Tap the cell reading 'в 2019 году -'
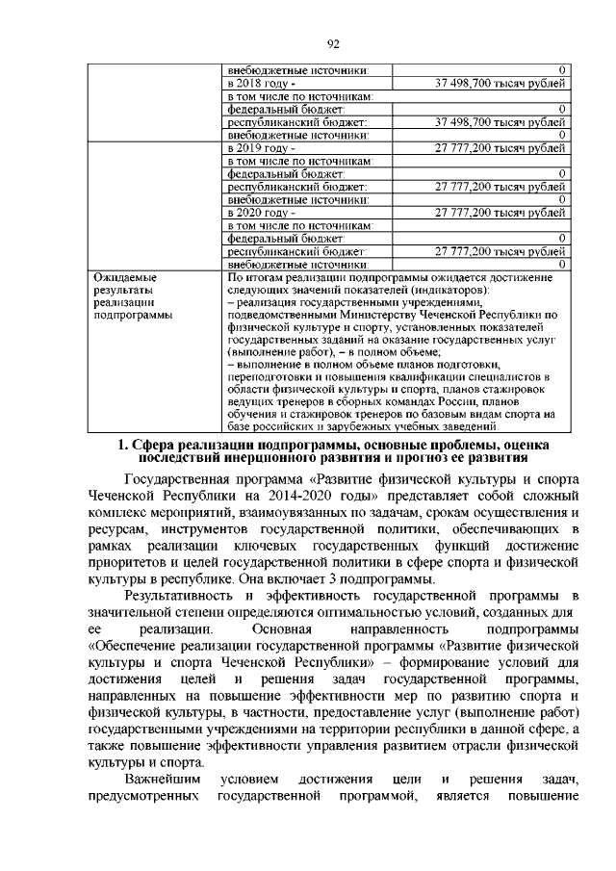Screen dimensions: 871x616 click(255, 148)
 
